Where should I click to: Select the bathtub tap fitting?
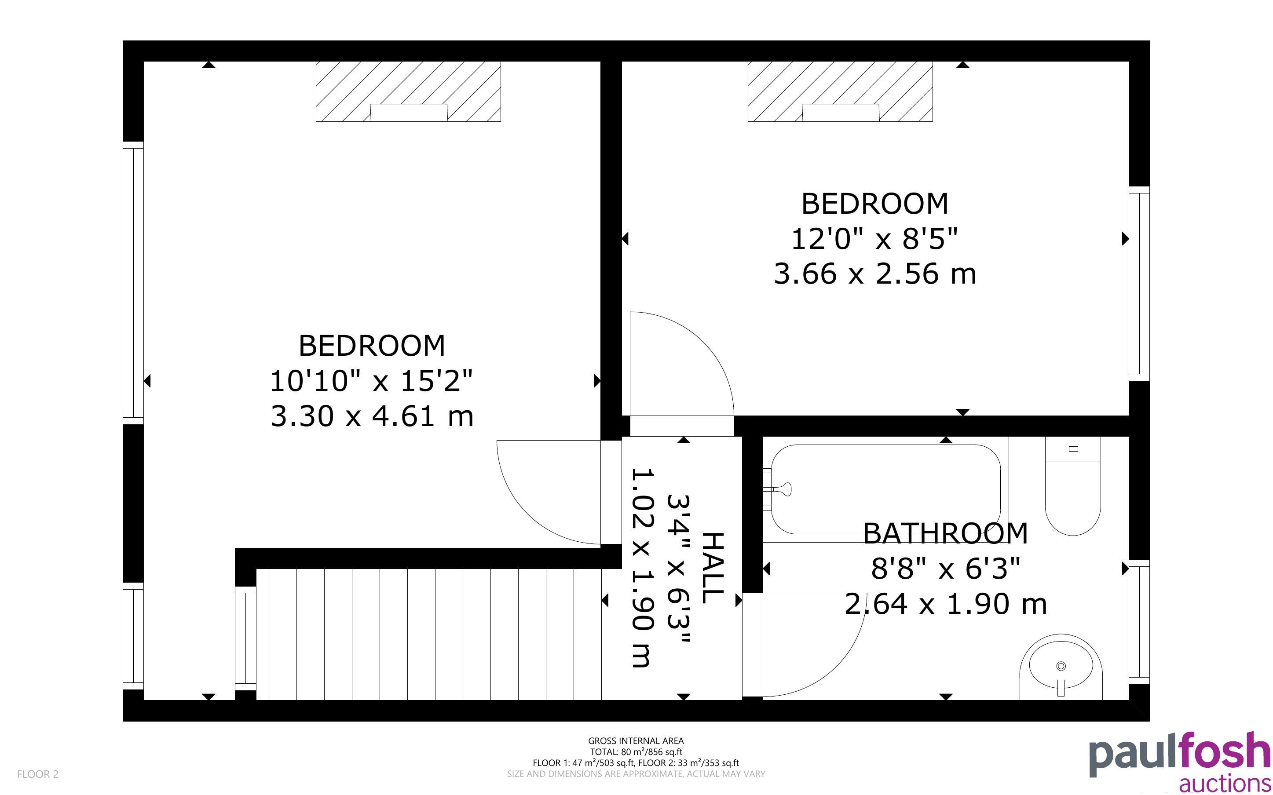pyautogui.click(x=781, y=489)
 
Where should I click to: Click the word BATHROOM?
pyautogui.click(x=945, y=533)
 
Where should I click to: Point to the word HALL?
pyautogui.click(x=713, y=568)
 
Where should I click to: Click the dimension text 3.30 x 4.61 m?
pyautogui.click(x=372, y=416)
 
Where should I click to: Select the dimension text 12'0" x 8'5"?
pyautogui.click(x=874, y=239)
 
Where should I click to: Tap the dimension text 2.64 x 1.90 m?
pyautogui.click(x=945, y=604)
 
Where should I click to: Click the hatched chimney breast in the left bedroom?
pyautogui.click(x=408, y=91)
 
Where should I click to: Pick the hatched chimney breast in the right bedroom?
pyautogui.click(x=840, y=91)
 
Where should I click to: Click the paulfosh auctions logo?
pyautogui.click(x=1180, y=761)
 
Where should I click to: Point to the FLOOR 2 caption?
pyautogui.click(x=38, y=774)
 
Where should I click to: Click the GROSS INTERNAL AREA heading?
pyautogui.click(x=636, y=741)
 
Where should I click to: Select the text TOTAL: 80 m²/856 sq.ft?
pyautogui.click(x=636, y=752)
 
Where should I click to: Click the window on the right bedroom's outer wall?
pyautogui.click(x=1139, y=284)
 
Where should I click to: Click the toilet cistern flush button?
pyautogui.click(x=1074, y=449)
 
